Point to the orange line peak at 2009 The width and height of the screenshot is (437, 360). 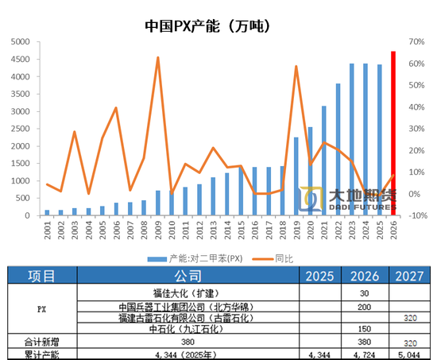click(157, 57)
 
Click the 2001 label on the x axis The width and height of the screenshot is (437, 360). click(47, 230)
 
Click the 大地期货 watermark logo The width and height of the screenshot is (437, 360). click(347, 199)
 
